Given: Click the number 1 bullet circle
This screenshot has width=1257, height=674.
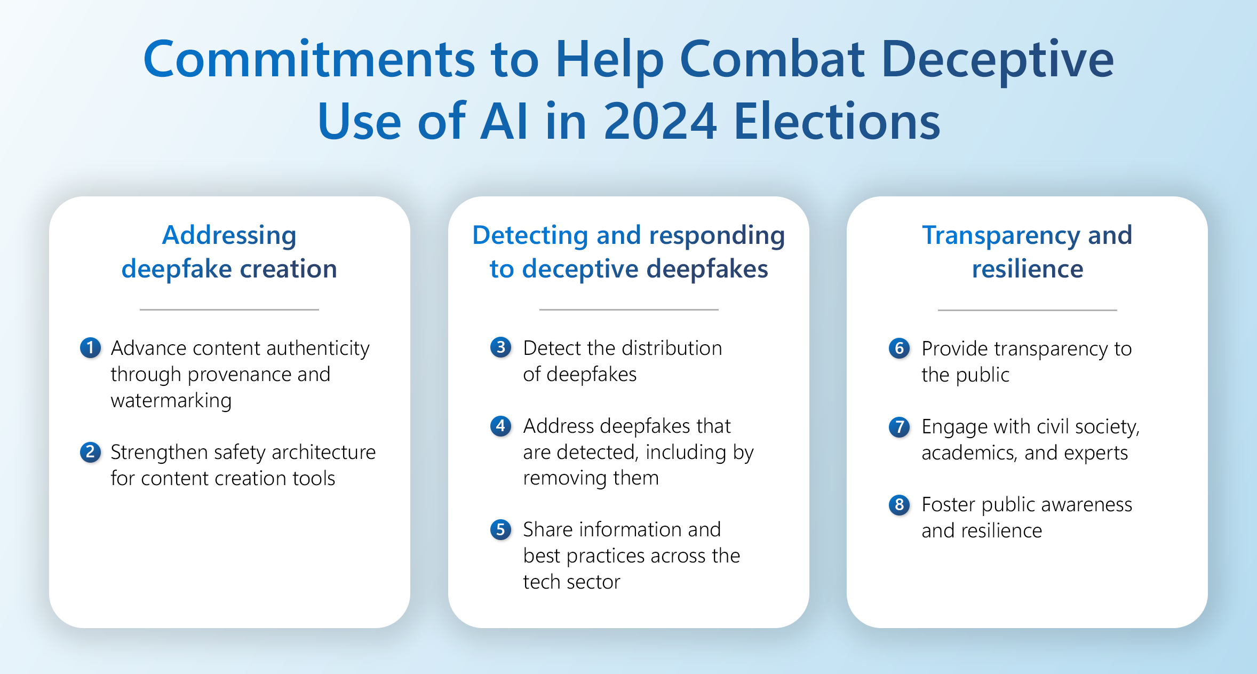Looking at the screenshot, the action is [90, 348].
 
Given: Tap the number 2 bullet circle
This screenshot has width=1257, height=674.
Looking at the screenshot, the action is [90, 452].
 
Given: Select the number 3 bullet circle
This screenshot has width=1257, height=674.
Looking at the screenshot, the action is [500, 348].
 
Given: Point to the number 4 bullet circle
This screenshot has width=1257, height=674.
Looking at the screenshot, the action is [500, 426].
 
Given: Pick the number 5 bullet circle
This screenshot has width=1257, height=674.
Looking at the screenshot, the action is [500, 529].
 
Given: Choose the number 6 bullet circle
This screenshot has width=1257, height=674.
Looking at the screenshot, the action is [899, 348].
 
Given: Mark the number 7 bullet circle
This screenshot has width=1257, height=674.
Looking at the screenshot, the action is [899, 426].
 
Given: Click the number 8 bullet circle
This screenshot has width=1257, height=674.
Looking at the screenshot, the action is [899, 504].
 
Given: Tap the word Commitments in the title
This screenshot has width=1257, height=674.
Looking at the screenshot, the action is [309, 59].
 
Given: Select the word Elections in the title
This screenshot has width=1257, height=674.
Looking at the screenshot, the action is [837, 122].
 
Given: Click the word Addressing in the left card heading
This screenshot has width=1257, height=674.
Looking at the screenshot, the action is [229, 236].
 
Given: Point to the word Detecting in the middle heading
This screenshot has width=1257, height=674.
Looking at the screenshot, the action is [530, 236].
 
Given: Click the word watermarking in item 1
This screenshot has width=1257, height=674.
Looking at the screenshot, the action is [171, 401].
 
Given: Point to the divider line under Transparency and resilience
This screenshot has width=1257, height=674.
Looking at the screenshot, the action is [1027, 310].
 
